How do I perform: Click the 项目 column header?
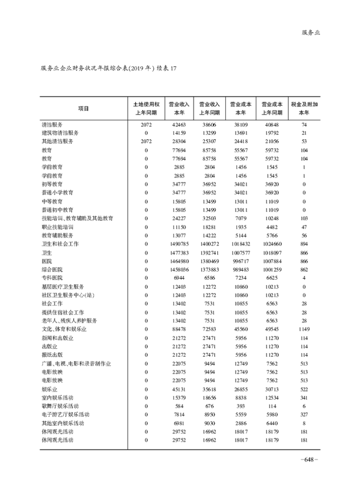(83, 108)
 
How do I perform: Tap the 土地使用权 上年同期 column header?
(146, 108)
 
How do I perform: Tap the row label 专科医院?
(52, 278)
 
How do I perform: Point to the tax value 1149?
(304, 329)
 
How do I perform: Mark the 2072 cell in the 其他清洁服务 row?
(146, 141)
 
